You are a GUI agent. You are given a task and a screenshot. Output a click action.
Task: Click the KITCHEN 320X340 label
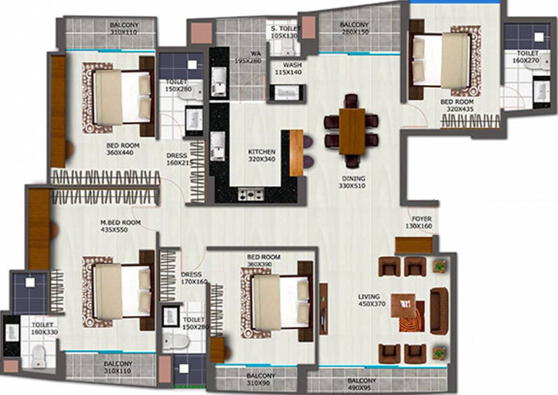(262, 156)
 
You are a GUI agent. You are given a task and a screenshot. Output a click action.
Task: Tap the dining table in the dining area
(352, 131)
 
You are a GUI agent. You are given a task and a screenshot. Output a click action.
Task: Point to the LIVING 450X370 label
(369, 300)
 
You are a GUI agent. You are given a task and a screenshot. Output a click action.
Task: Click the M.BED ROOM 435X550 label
(120, 226)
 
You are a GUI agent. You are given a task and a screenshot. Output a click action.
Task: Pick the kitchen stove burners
(250, 194)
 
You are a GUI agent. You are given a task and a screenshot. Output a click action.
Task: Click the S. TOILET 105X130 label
(284, 32)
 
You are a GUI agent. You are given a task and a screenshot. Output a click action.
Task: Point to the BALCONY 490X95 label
(361, 385)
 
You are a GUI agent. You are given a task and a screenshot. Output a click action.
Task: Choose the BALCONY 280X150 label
(354, 28)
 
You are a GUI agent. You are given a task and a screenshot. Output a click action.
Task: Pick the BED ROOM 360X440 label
(122, 149)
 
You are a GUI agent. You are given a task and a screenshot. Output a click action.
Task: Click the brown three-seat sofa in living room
(439, 312)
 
